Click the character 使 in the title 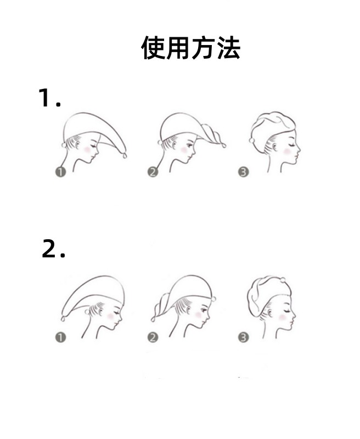(153, 48)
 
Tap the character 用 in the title (178, 48)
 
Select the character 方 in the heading (203, 48)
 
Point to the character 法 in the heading (228, 48)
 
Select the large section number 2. (49, 249)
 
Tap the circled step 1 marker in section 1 (60, 172)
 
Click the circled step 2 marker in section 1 (153, 172)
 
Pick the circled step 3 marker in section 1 (243, 172)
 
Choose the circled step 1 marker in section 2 (60, 337)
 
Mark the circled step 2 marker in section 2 (153, 337)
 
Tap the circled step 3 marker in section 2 (243, 337)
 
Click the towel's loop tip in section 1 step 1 (125, 155)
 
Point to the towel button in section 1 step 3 (251, 140)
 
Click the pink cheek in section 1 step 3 (287, 151)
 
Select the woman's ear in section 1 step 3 (274, 147)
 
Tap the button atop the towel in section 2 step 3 (283, 280)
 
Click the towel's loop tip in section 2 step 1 (63, 319)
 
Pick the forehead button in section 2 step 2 (213, 299)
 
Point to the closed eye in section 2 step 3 (287, 311)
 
